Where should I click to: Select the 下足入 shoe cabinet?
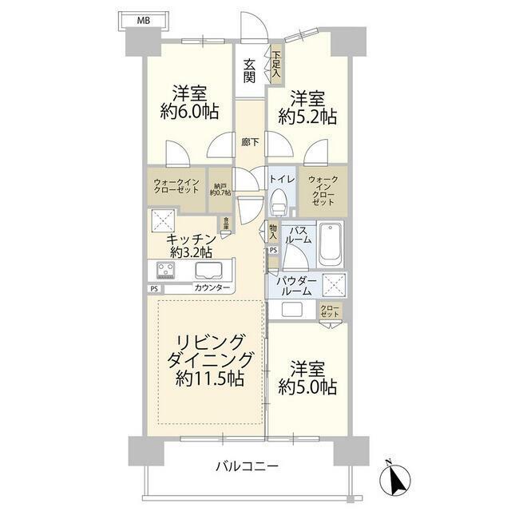pos(276,64)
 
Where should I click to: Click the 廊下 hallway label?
pos(250,143)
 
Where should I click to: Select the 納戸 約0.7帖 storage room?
pos(220,189)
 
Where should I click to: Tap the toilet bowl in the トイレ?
pos(279,205)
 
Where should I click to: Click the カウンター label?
pos(212,287)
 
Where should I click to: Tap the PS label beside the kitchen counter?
pos(153,288)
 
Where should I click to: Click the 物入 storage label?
pos(273,232)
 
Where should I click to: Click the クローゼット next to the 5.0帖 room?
pos(328,311)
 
